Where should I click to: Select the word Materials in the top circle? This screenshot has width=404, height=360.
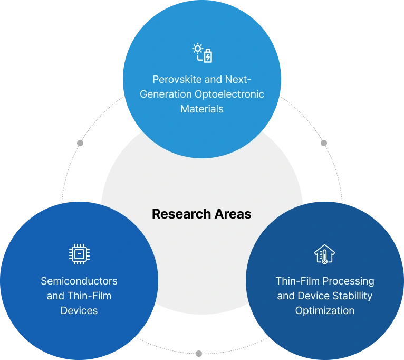click(x=202, y=109)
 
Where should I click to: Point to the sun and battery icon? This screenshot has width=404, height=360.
click(x=202, y=54)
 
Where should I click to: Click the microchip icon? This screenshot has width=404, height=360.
click(x=79, y=254)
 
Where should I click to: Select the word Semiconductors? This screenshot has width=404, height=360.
click(x=79, y=281)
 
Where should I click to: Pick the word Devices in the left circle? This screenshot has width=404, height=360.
click(x=79, y=310)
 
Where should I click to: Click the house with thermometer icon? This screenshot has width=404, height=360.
click(x=325, y=254)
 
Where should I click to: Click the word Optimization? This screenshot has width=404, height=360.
click(x=325, y=310)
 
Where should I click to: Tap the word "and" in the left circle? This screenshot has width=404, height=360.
click(x=55, y=296)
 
